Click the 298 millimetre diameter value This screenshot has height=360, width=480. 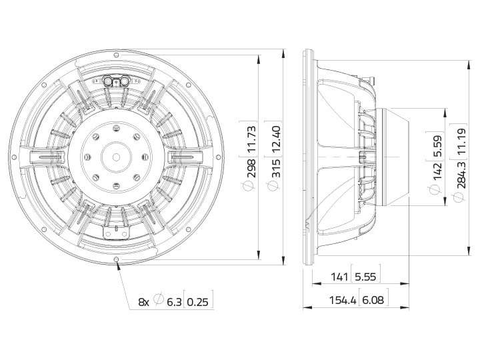[x=251, y=168]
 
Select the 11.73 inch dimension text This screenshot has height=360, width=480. [x=251, y=139]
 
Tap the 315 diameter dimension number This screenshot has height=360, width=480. [x=276, y=168]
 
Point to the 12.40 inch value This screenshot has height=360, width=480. [x=276, y=139]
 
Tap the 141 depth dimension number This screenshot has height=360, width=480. [x=339, y=277]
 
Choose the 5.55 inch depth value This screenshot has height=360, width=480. [x=365, y=277]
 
